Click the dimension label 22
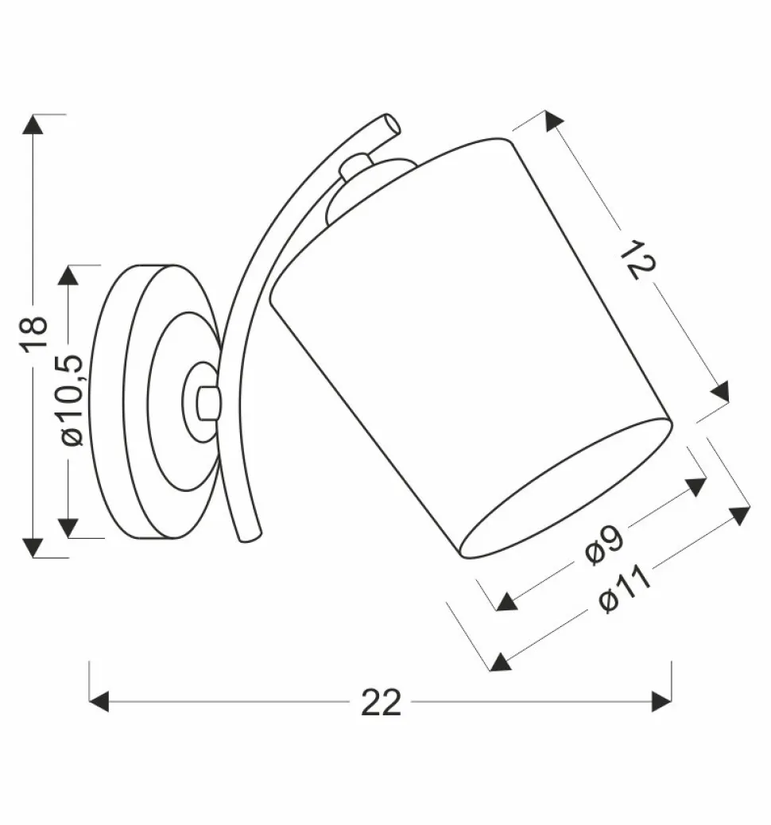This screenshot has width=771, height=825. pyautogui.click(x=381, y=702)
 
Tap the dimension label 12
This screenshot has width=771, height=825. pyautogui.click(x=637, y=259)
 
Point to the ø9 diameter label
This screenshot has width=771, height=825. pyautogui.click(x=604, y=545)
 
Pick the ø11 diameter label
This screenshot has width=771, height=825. pyautogui.click(x=625, y=589)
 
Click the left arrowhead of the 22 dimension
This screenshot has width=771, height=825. pyautogui.click(x=99, y=702)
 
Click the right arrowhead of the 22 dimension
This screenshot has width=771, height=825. pyautogui.click(x=661, y=702)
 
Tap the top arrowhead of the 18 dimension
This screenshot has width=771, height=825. pyautogui.click(x=33, y=124)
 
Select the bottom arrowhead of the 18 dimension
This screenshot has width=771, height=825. pyautogui.click(x=33, y=548)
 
